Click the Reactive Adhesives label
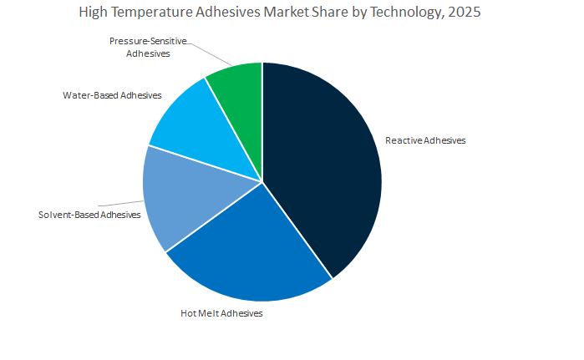tap(424, 140)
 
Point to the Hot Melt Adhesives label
tap(221, 313)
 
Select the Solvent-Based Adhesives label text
tap(89, 215)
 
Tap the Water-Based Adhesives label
tap(112, 95)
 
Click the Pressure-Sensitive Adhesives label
tap(148, 47)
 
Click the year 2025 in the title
tap(465, 13)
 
